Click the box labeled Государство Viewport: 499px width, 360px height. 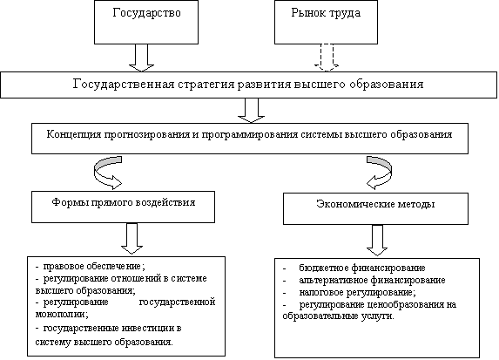click(146, 22)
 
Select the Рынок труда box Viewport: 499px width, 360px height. click(326, 22)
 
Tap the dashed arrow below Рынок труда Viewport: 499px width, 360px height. click(327, 58)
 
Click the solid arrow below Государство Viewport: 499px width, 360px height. click(142, 58)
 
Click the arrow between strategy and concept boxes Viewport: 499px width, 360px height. click(251, 110)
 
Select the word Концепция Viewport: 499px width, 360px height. click(73, 134)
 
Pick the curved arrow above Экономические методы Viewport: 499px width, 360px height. click(380, 172)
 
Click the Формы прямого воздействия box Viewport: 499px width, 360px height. click(123, 207)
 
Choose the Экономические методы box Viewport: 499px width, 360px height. click(375, 208)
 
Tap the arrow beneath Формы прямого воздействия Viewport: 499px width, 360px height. click(131, 238)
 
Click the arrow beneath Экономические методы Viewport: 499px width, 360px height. click(377, 241)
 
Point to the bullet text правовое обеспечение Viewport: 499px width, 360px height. click(94, 267)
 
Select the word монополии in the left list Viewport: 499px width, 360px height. click(62, 315)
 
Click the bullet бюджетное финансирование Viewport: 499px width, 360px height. click(362, 268)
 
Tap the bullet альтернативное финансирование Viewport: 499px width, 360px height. click(372, 281)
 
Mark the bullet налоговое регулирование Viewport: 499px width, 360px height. click(357, 293)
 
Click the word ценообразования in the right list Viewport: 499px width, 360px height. click(404, 305)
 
